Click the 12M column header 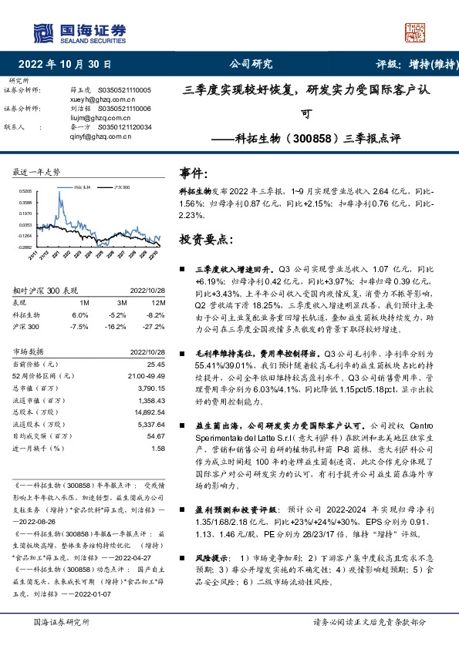tap(156, 303)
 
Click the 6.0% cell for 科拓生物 tap(80, 314)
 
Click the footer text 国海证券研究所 tap(62, 621)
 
